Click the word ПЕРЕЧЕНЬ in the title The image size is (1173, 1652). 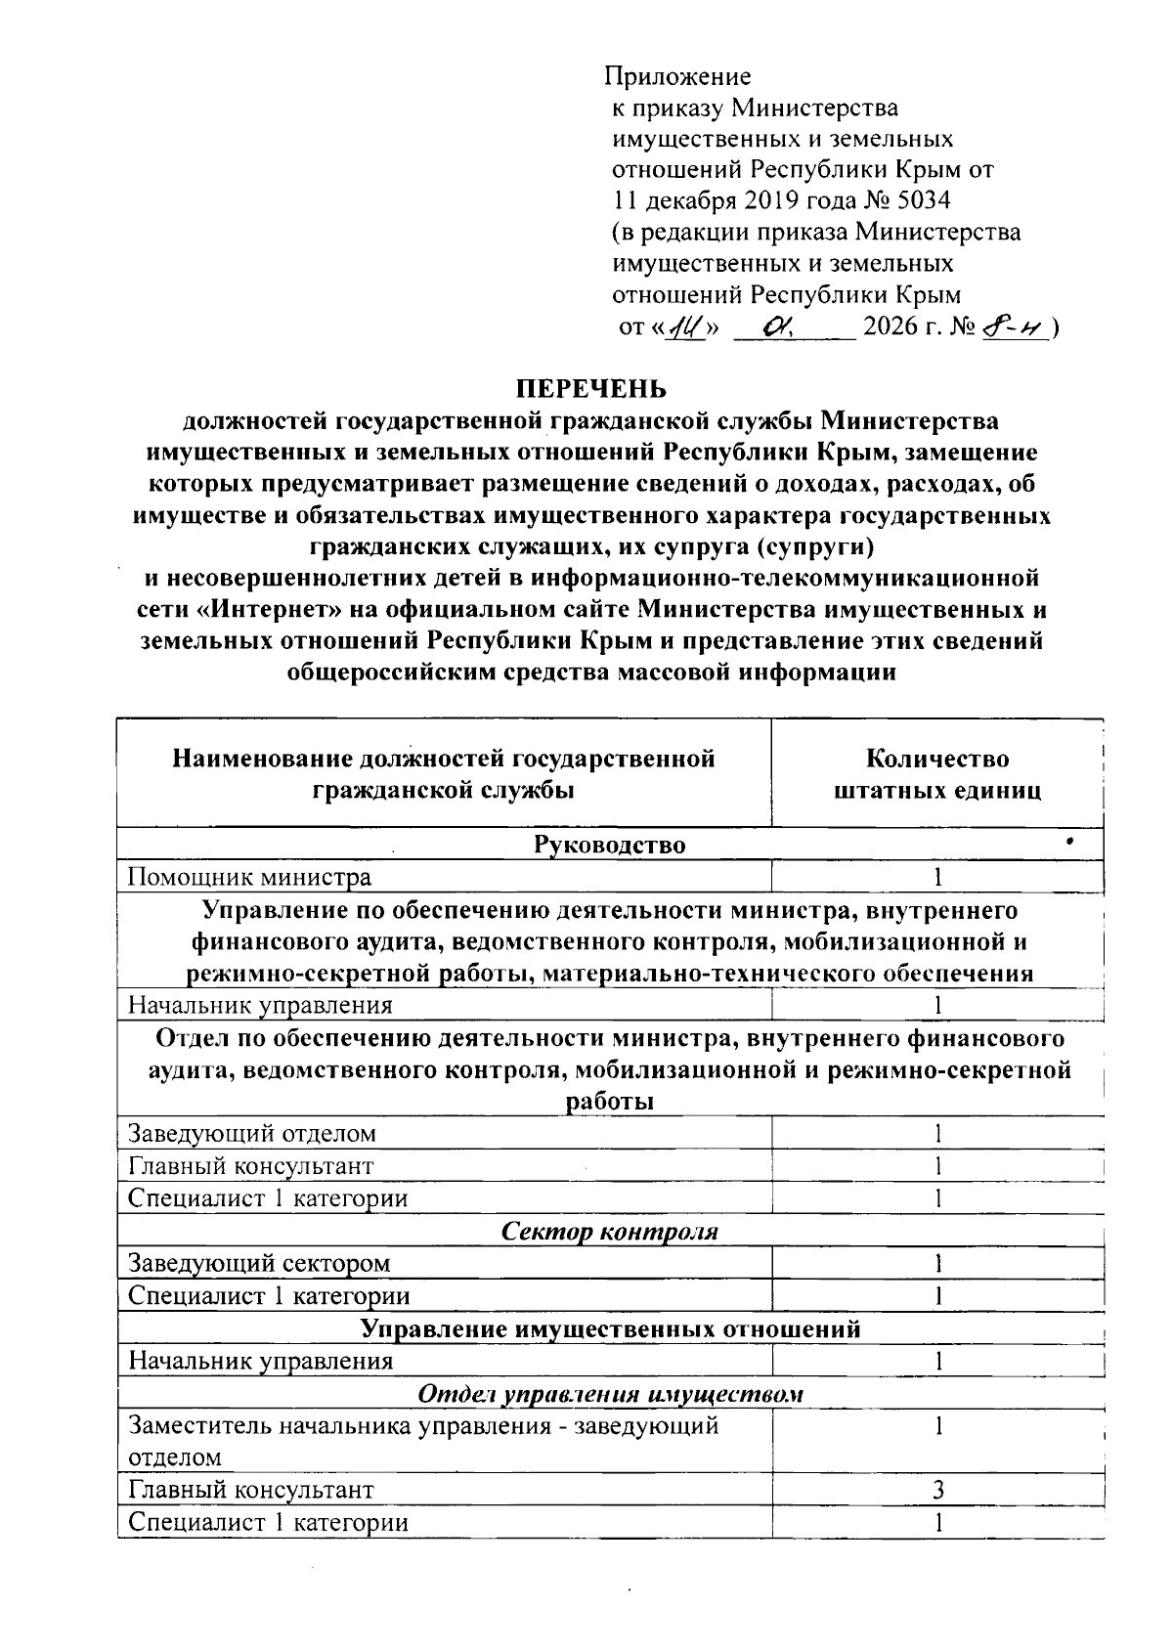[x=591, y=389]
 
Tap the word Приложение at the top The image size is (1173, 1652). [x=677, y=76]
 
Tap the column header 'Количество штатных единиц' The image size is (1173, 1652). [x=937, y=774]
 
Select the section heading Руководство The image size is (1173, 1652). [x=609, y=845]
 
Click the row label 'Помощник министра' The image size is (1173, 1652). [x=250, y=877]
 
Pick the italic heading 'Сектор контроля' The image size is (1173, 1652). [x=609, y=1231]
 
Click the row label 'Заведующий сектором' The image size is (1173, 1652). [x=260, y=1263]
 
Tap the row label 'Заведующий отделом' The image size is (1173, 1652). [x=252, y=1134]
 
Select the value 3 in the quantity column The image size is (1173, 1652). [x=937, y=1490]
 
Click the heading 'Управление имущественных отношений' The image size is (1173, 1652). [x=610, y=1328]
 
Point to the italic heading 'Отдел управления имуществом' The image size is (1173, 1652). [x=610, y=1393]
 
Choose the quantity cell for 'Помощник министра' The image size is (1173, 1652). [x=937, y=877]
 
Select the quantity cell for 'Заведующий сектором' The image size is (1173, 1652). [x=937, y=1263]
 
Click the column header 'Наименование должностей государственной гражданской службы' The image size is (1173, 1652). [x=444, y=774]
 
